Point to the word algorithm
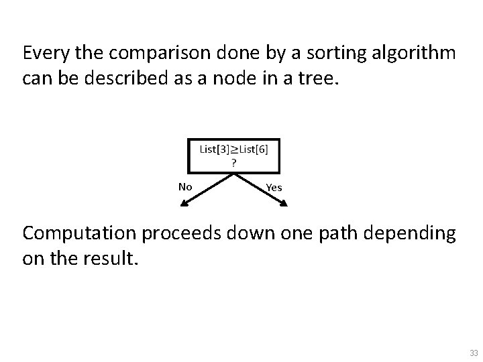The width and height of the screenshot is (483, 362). point(415,52)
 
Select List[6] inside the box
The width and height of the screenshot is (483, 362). point(254,149)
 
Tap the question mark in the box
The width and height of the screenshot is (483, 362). point(233,162)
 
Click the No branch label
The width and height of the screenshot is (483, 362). point(185,186)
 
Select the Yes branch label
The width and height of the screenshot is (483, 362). point(274,188)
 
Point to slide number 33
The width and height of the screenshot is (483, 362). point(474,353)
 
